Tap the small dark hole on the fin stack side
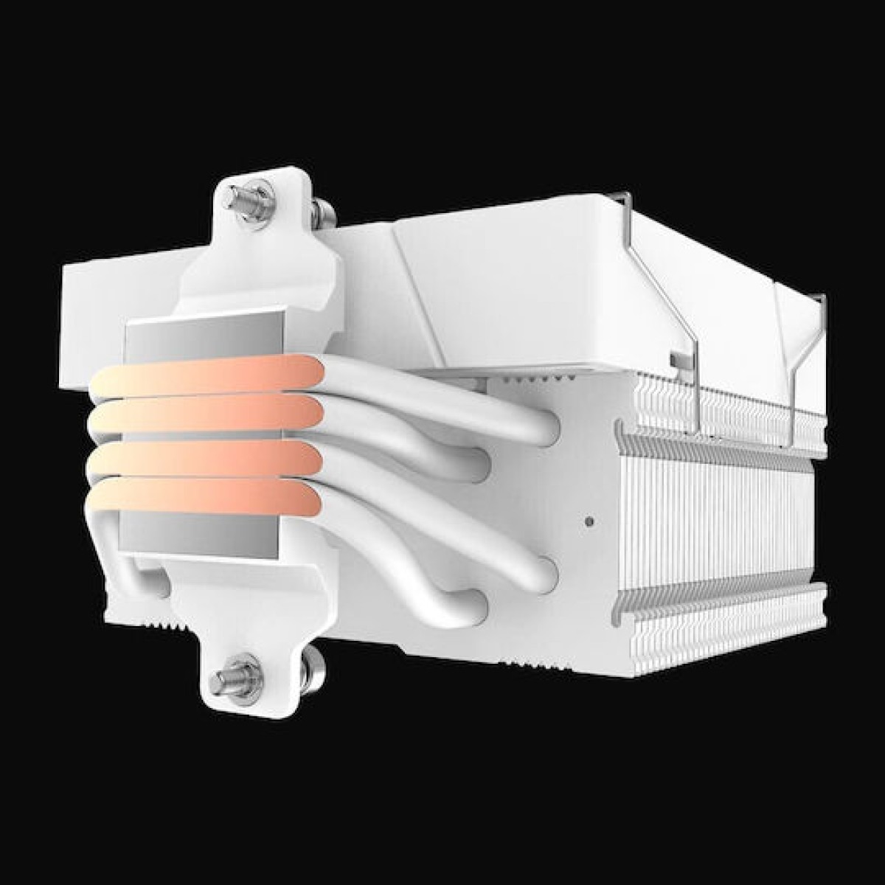tap(588, 522)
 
